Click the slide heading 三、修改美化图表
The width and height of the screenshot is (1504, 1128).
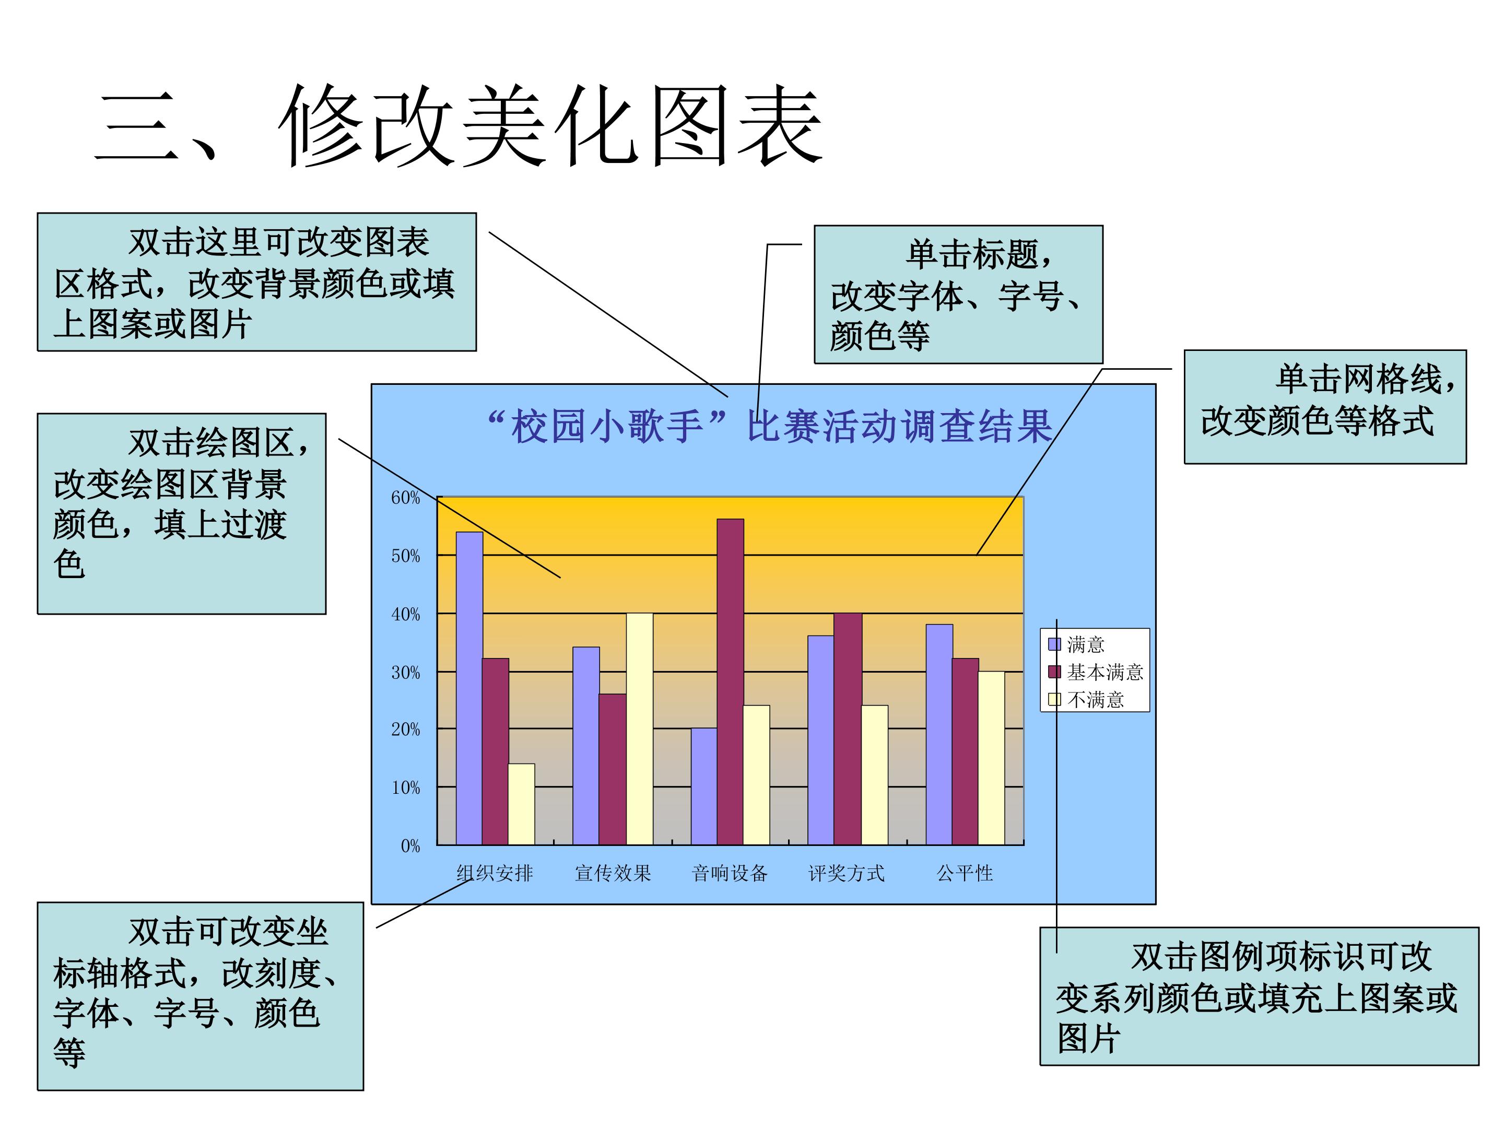459,126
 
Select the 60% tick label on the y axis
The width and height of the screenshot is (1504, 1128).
405,498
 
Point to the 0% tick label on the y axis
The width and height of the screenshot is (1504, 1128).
410,846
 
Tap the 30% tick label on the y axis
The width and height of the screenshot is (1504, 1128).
405,673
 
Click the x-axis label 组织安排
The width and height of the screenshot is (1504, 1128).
495,873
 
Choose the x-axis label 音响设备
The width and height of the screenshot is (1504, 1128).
730,873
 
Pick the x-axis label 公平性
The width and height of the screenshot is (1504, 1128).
965,873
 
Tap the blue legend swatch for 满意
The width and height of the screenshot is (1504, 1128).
1054,644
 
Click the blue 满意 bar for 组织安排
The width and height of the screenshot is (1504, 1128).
469,688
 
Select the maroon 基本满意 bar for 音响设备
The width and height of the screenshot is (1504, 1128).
730,682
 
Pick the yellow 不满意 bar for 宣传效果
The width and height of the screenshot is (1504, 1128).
639,729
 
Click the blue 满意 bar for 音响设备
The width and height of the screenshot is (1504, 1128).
704,786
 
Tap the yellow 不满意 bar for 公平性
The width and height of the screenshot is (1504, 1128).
991,758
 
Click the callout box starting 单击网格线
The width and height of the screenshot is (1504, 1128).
1325,407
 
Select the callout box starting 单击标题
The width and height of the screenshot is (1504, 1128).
959,295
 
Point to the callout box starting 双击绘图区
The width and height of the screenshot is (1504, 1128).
182,513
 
